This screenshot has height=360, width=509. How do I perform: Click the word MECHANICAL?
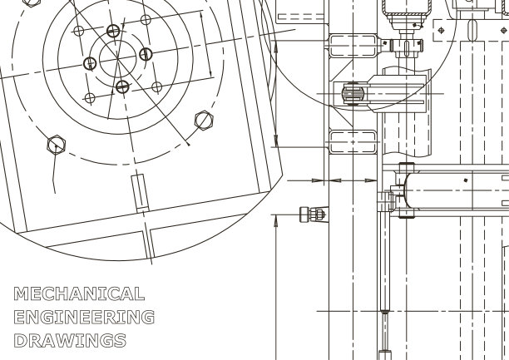(79, 293)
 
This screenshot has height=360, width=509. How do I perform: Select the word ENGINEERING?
(84, 317)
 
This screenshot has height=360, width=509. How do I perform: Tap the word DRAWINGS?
(70, 341)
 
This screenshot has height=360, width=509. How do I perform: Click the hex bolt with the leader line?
(57, 145)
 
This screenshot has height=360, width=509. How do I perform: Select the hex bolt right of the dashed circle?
(204, 121)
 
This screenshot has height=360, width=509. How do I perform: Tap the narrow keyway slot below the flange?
(141, 193)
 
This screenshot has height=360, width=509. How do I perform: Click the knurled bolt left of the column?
(312, 215)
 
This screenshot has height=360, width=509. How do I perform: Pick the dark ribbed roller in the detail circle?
(353, 94)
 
